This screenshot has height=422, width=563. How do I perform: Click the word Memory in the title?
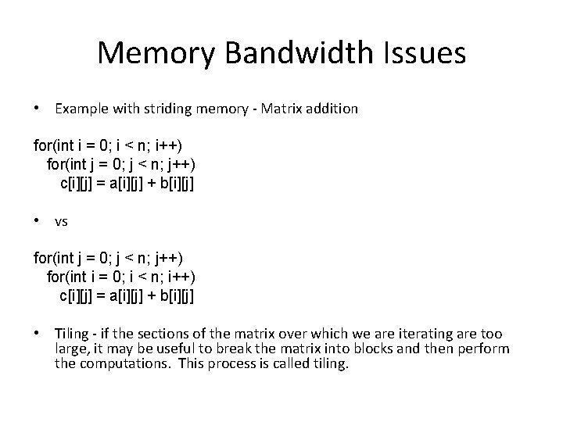[x=149, y=54]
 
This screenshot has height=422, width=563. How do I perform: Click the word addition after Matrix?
[x=333, y=109]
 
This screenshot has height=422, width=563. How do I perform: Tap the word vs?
[x=62, y=222]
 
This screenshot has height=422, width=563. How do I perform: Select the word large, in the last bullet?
[x=74, y=349]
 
